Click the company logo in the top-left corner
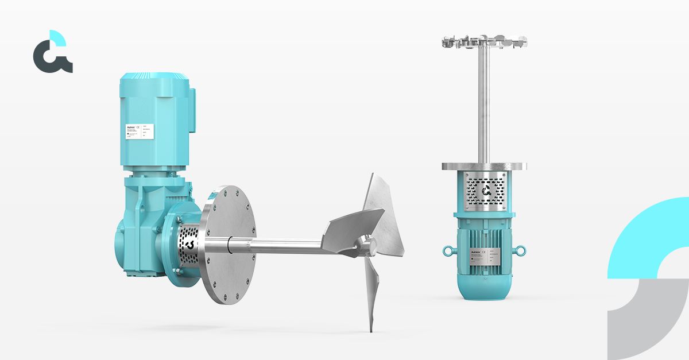(52, 52)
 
